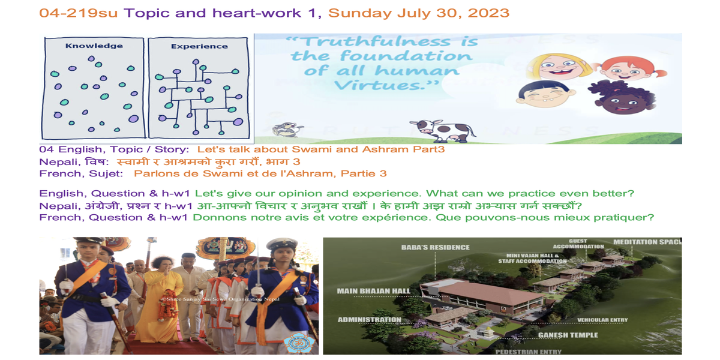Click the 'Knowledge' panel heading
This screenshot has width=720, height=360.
point(94,46)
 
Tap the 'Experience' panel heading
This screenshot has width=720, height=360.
point(199,46)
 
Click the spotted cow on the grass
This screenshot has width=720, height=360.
point(443,131)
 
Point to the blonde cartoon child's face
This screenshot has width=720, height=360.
point(559,67)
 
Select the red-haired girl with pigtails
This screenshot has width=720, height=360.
point(627,68)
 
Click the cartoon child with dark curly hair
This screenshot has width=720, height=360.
point(622,98)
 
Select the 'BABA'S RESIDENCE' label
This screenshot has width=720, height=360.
point(435,247)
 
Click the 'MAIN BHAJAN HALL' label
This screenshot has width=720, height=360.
point(373,291)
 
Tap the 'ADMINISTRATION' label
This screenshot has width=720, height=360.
point(370,320)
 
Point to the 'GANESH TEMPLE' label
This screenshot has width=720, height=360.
point(568,335)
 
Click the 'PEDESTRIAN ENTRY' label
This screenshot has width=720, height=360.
point(529,352)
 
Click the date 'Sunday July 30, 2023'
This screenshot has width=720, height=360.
point(419,13)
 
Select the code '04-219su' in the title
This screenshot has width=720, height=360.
point(79,13)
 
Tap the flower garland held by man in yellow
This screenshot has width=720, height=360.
point(167,305)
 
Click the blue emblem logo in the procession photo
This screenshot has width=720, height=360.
point(299,343)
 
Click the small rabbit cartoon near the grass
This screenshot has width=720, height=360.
point(286,129)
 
